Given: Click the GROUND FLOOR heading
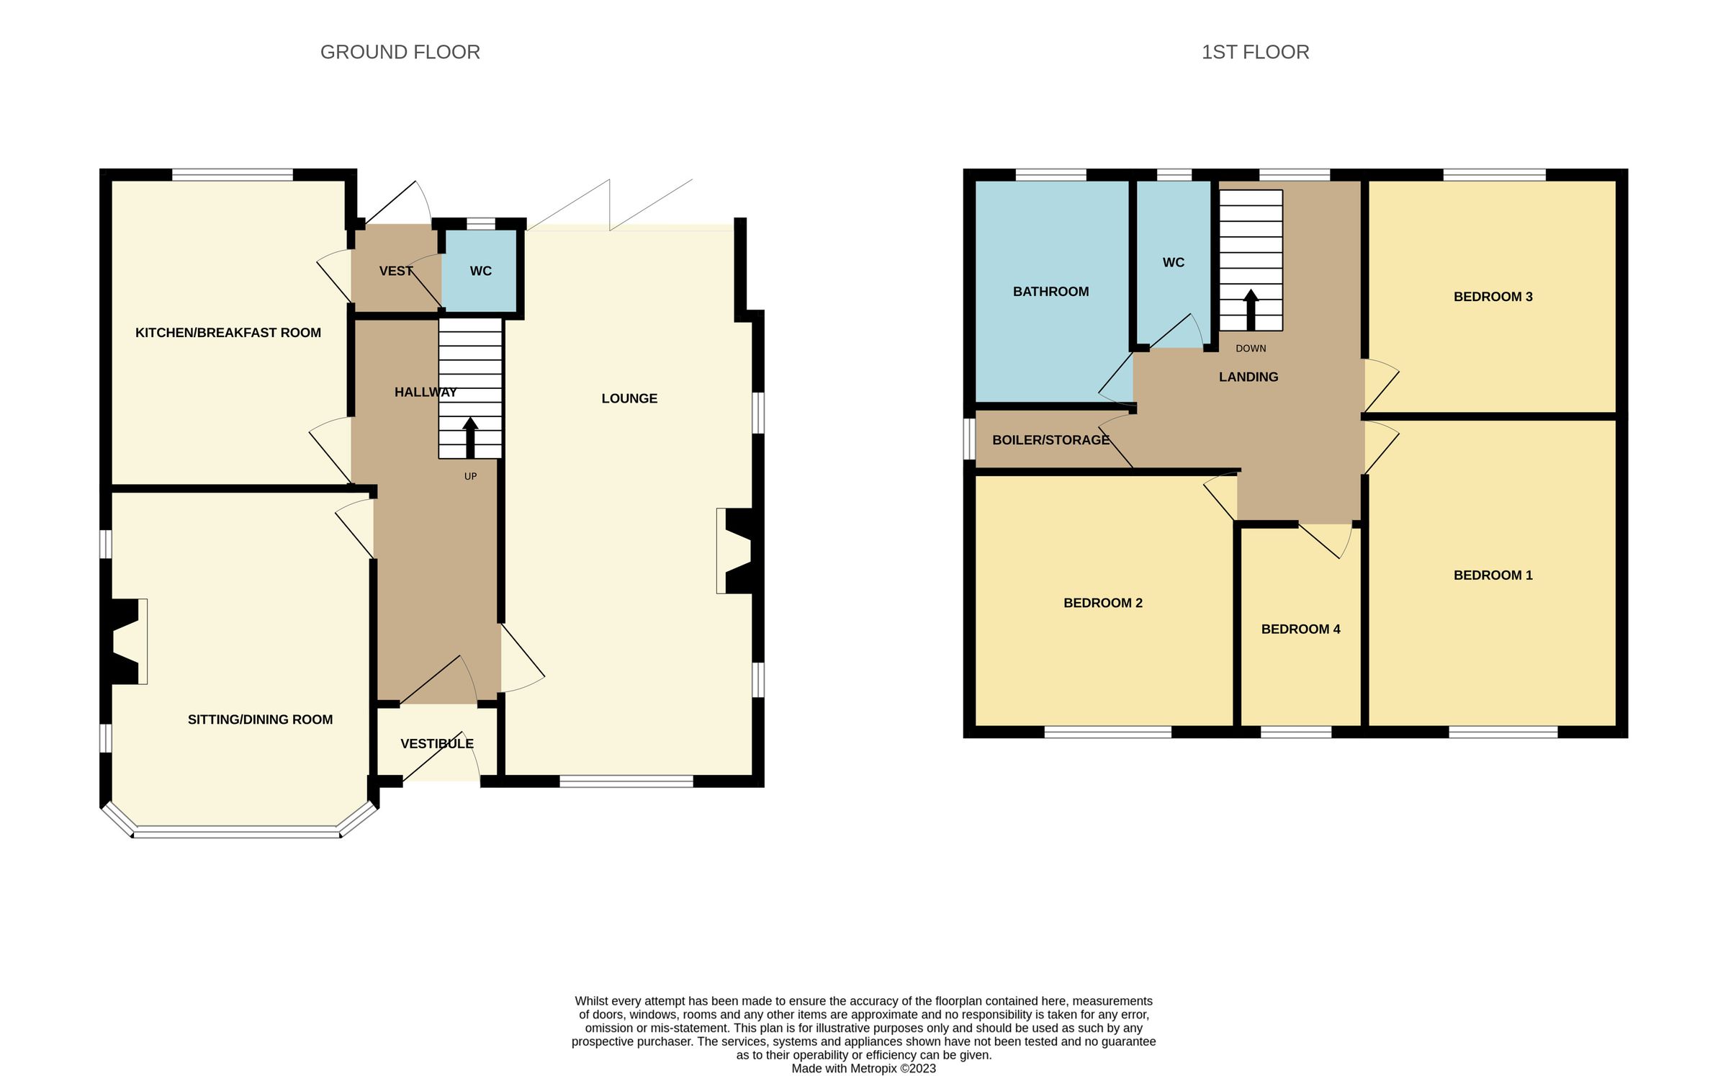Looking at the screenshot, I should tap(400, 53).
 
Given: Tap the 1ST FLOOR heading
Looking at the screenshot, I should tap(1255, 53).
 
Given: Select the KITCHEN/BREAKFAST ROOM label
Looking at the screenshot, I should tap(228, 333).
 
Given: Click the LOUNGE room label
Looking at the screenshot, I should tap(629, 398).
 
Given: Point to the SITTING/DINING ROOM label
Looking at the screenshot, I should tap(260, 719).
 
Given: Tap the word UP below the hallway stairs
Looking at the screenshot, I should tap(470, 477).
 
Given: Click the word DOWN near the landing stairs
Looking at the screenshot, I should tap(1251, 349).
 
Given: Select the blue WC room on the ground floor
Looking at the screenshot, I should tap(480, 272).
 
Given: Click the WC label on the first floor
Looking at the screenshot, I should tap(1174, 263).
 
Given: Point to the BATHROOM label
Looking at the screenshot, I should tap(1050, 292).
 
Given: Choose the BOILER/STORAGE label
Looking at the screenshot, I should tap(1050, 440).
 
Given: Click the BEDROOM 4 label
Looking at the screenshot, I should tap(1300, 629).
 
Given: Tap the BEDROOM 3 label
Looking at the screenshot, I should tap(1493, 297).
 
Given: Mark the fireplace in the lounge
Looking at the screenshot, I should tap(736, 551).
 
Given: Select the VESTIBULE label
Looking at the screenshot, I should tap(437, 744).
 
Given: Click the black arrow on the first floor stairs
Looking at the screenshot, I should tap(1251, 310).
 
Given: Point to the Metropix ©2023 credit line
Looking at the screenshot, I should tap(863, 1069).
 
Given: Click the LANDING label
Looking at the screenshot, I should tap(1248, 377).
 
